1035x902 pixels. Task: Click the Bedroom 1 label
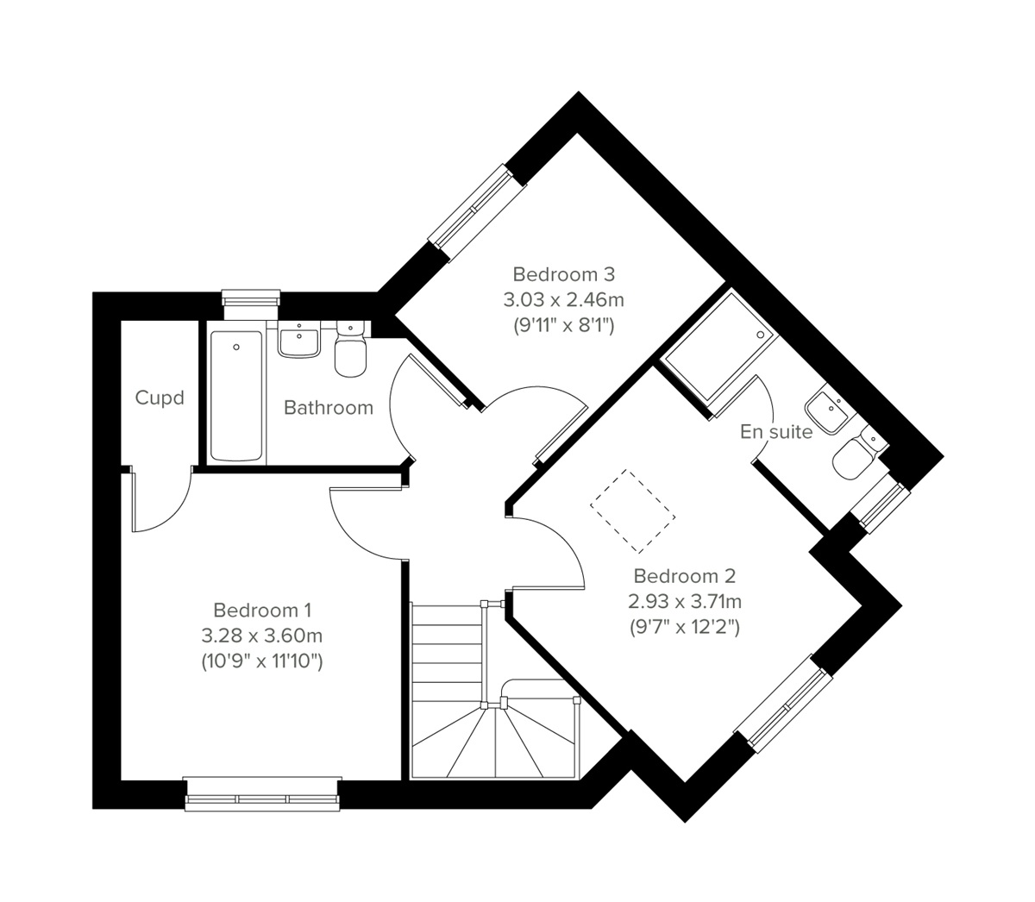tap(261, 611)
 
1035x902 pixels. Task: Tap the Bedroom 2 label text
tap(684, 575)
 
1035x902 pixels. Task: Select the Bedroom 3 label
tap(563, 274)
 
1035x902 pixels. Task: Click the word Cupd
tap(160, 398)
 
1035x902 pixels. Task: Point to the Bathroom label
tap(329, 407)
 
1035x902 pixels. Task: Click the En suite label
tap(775, 432)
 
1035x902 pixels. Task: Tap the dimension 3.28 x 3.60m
tap(261, 636)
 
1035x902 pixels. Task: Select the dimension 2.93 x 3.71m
tap(684, 601)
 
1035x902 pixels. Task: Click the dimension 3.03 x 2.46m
tap(563, 300)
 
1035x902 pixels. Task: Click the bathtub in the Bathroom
tap(235, 395)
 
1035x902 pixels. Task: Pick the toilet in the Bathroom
tap(349, 351)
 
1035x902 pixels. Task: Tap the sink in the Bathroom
tap(299, 340)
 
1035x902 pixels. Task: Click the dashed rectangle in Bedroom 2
tap(632, 511)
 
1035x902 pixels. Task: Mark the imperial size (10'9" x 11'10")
tap(261, 662)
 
